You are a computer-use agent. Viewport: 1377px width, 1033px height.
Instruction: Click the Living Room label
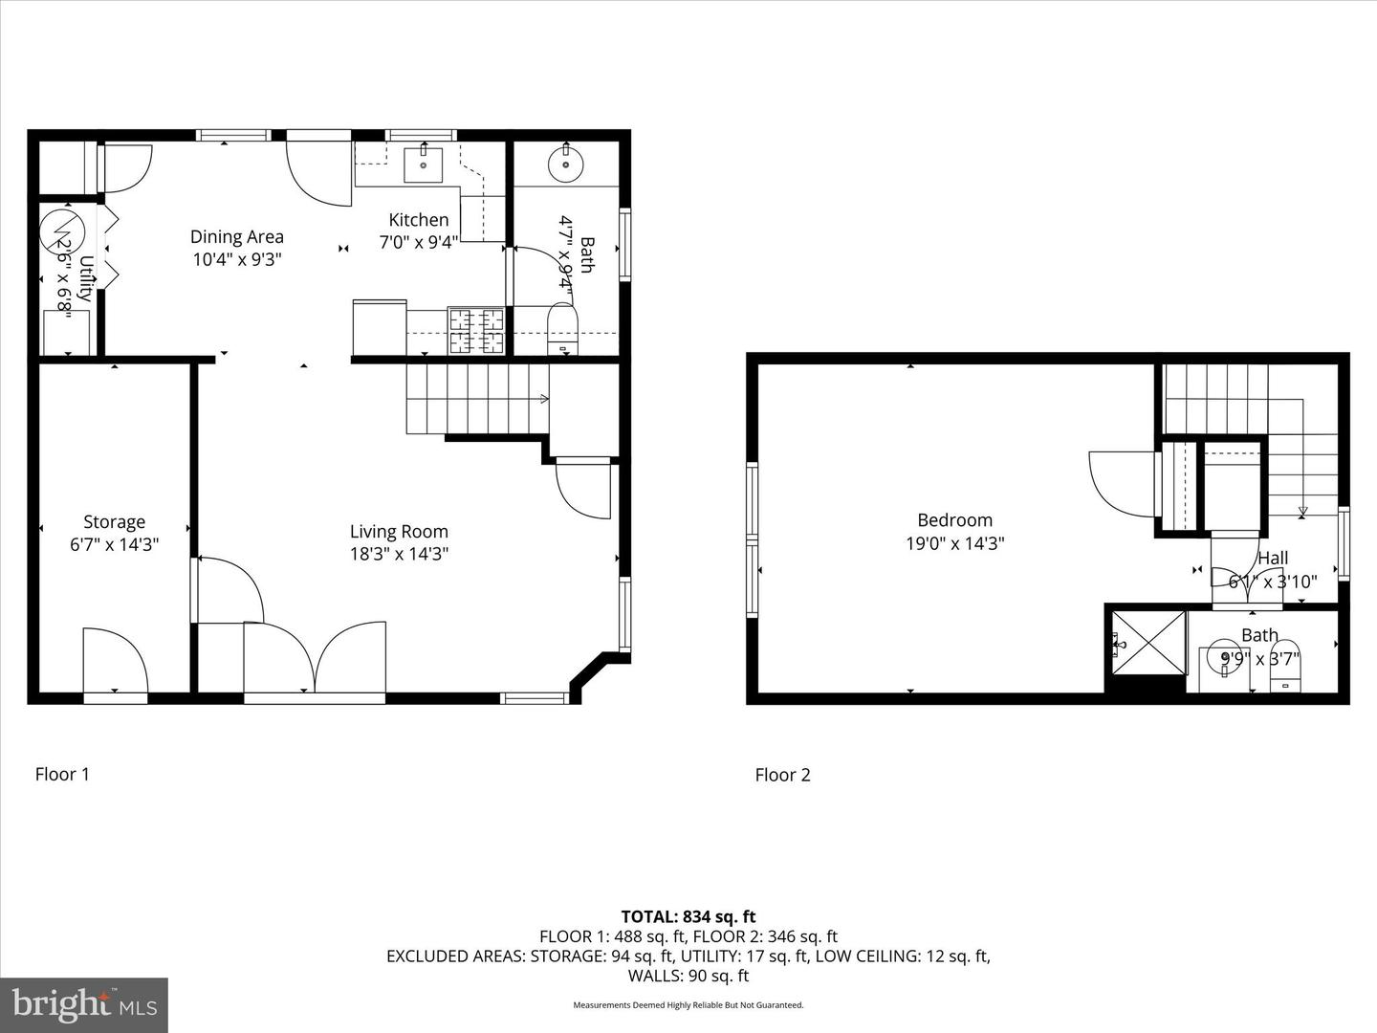click(x=399, y=532)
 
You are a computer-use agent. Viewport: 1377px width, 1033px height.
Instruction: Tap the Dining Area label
click(x=236, y=237)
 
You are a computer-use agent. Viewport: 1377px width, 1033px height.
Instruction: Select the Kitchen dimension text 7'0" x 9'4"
click(x=418, y=243)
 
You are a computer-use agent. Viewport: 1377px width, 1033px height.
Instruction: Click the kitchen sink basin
click(x=424, y=165)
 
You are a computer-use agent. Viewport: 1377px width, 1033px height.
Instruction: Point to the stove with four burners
click(x=476, y=331)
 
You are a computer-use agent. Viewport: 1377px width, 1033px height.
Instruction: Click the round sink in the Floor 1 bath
click(x=566, y=164)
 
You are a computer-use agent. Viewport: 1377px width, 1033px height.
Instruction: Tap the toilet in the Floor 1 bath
click(x=562, y=329)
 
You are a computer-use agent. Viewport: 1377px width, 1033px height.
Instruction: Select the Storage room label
click(x=114, y=522)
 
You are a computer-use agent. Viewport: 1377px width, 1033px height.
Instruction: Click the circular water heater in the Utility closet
click(x=62, y=230)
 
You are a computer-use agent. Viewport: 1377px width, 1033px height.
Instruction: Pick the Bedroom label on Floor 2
click(x=954, y=520)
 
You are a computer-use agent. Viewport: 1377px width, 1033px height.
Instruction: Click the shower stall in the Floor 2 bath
click(x=1147, y=645)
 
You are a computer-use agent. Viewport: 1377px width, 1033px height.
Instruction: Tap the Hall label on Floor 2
click(x=1273, y=558)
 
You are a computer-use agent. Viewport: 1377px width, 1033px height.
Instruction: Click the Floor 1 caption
click(x=62, y=774)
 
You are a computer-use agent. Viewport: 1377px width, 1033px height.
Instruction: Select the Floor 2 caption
click(x=782, y=775)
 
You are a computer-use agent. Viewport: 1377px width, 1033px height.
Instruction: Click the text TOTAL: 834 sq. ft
click(x=688, y=916)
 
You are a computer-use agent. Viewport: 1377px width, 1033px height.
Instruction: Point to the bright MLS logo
click(x=84, y=1004)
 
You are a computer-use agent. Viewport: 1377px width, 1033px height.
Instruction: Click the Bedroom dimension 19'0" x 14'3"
click(x=954, y=544)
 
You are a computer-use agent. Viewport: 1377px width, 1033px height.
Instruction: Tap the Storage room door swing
click(x=115, y=660)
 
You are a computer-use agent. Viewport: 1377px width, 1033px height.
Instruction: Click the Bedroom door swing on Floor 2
click(x=1122, y=483)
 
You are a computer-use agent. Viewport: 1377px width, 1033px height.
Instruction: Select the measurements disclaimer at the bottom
click(x=688, y=1005)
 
